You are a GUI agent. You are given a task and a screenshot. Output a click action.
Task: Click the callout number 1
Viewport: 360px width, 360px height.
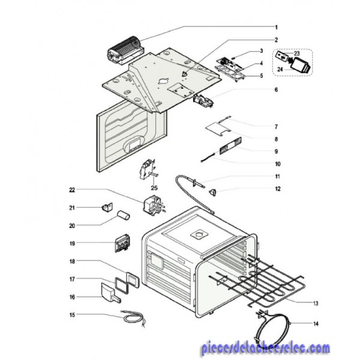click(276, 28)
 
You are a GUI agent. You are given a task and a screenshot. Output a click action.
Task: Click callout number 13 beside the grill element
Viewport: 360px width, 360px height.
click(316, 303)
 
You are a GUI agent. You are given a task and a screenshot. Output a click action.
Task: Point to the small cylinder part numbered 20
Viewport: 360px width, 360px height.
click(124, 215)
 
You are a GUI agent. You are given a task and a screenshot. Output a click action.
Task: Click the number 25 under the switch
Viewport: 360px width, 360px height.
click(154, 188)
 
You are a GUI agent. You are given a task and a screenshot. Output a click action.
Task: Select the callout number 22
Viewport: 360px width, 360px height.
click(72, 190)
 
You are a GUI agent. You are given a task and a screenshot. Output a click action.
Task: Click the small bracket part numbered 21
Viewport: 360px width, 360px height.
click(107, 207)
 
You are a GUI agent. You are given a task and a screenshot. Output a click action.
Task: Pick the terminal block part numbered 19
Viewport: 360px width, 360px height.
click(122, 244)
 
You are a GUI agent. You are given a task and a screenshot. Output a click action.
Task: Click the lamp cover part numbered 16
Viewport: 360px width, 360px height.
click(111, 292)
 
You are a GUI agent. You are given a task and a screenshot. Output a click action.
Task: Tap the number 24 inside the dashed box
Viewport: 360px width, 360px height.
click(280, 69)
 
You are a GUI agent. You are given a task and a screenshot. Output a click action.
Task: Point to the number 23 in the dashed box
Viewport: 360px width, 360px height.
click(297, 54)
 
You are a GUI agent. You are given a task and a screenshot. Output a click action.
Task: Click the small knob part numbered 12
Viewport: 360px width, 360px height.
click(212, 193)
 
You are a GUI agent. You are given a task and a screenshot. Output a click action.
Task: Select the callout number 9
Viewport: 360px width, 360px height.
click(276, 152)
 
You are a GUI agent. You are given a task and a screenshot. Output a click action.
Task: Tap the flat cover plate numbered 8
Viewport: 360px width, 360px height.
click(218, 128)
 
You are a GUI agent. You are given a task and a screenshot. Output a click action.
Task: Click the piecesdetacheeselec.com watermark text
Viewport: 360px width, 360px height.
click(266, 348)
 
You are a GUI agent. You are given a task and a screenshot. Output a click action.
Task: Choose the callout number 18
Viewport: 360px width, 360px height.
click(72, 262)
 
